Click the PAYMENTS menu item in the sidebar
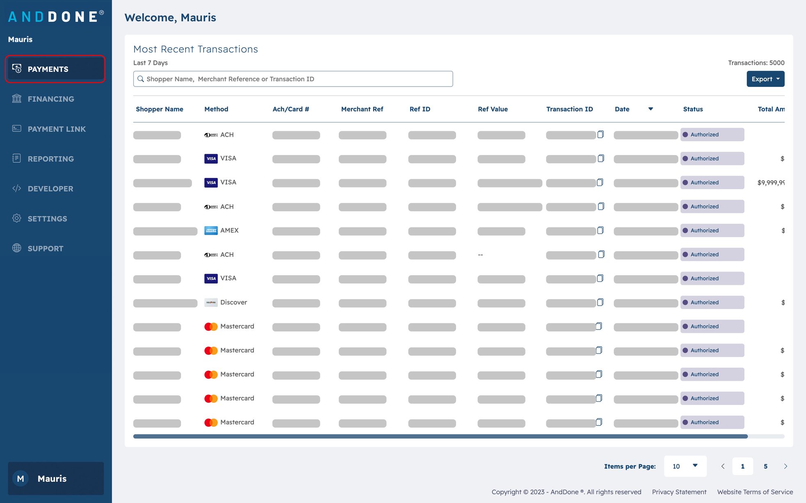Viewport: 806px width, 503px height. click(x=48, y=69)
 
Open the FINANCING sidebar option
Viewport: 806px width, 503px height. click(x=50, y=99)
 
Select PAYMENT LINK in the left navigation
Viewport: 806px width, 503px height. click(x=56, y=129)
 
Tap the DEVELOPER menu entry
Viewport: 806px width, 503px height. click(x=50, y=189)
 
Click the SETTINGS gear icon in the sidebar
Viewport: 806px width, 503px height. click(x=17, y=218)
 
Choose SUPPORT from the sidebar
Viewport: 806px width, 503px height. click(x=45, y=249)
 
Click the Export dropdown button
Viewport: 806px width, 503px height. click(x=765, y=79)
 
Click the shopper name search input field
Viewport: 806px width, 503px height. click(x=293, y=79)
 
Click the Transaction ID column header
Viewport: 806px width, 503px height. click(x=569, y=109)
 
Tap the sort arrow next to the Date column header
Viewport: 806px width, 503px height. click(x=651, y=109)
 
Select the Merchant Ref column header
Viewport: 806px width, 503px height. click(x=362, y=109)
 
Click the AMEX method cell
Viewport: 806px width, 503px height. click(x=229, y=231)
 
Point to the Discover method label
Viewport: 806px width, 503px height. click(x=233, y=302)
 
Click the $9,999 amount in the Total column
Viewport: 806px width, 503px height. click(x=771, y=183)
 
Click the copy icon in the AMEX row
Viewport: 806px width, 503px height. click(x=600, y=230)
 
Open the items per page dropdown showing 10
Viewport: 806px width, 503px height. click(x=685, y=466)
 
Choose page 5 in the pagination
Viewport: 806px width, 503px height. click(x=765, y=466)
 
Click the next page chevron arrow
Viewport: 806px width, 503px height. click(x=785, y=466)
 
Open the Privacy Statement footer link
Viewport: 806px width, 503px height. click(x=679, y=492)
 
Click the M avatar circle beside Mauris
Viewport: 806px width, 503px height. click(x=21, y=478)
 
